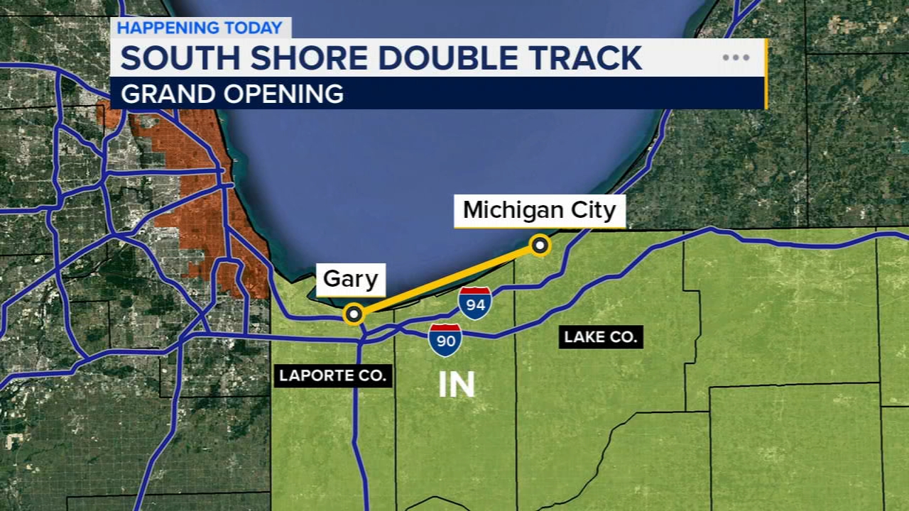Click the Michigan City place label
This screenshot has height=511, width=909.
click(x=539, y=211)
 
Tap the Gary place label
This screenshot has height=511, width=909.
click(x=350, y=279)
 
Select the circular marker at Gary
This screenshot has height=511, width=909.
click(x=354, y=314)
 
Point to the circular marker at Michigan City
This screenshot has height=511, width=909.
click(x=540, y=246)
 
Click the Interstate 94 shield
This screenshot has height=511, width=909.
click(x=475, y=304)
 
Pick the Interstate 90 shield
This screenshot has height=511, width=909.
click(x=445, y=340)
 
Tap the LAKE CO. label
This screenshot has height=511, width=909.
click(x=601, y=336)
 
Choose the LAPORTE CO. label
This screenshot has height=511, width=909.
click(x=332, y=375)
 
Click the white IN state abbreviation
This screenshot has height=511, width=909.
click(x=456, y=385)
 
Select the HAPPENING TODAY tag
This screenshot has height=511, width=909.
click(x=200, y=28)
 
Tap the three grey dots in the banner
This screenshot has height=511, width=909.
click(x=736, y=58)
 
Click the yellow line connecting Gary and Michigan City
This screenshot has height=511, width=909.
click(x=447, y=280)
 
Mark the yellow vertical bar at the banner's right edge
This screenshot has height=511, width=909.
click(x=766, y=74)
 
